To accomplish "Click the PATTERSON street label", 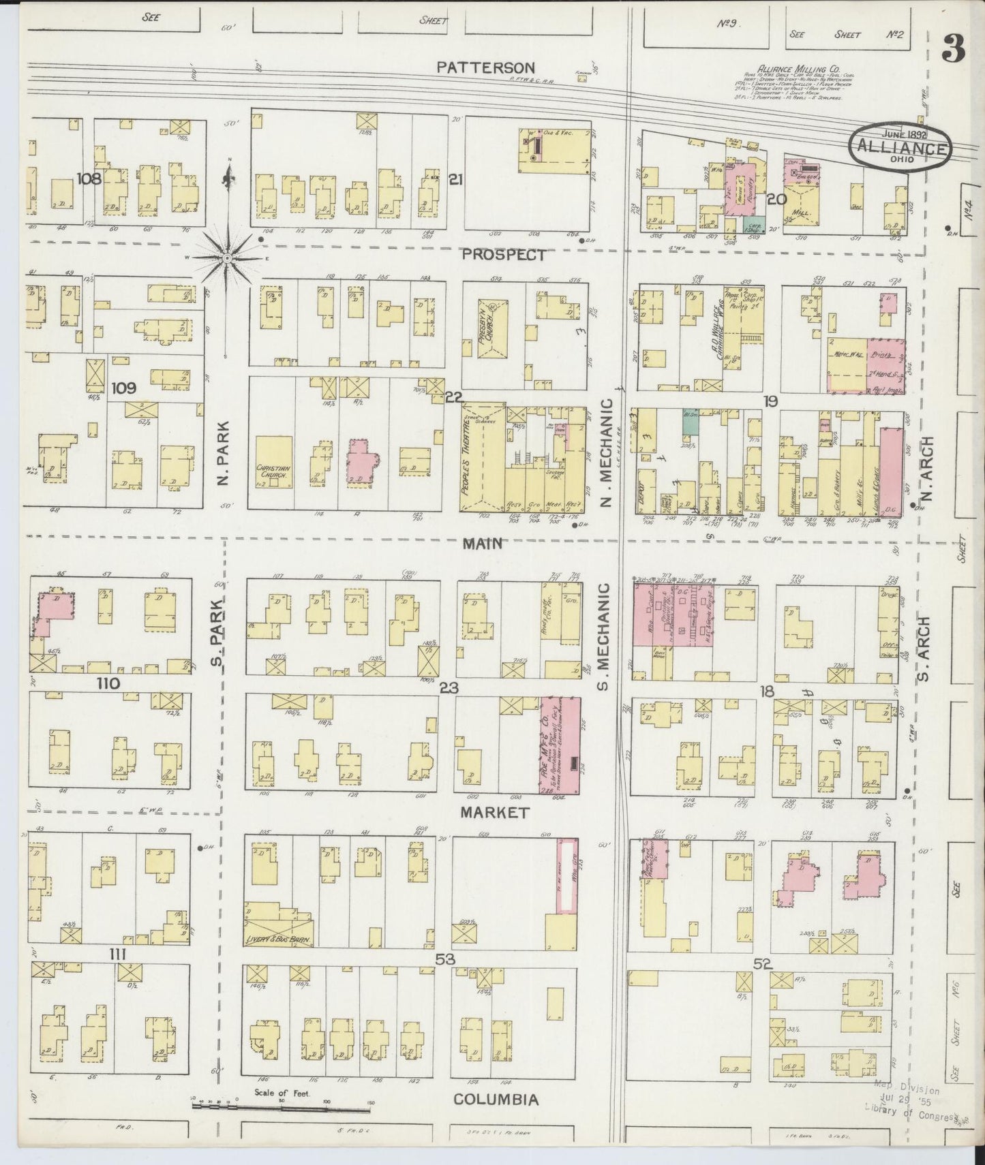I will (485, 67).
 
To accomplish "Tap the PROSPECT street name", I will (504, 255).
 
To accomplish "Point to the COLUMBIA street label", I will (496, 1100).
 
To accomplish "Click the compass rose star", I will (228, 258).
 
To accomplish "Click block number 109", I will (125, 388).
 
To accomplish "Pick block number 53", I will (445, 959).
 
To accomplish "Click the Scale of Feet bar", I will (283, 1106).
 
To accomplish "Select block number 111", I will (118, 954).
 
